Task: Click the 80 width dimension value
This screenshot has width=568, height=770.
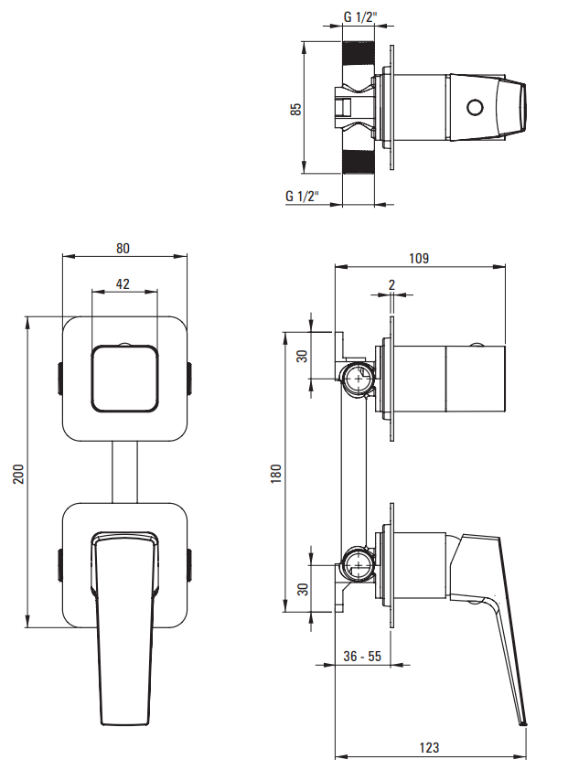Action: click(x=123, y=248)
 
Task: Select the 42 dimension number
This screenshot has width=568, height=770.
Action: click(x=123, y=283)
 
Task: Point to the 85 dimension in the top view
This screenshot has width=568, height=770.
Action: click(x=295, y=108)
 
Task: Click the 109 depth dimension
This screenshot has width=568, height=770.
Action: click(x=419, y=259)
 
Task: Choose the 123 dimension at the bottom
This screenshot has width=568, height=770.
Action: click(x=429, y=748)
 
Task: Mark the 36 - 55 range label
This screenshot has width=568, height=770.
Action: click(x=362, y=657)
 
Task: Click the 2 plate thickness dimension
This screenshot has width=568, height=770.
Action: click(x=391, y=285)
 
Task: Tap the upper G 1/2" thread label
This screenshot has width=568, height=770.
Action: click(x=359, y=16)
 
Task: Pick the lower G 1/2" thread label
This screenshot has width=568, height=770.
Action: click(x=302, y=197)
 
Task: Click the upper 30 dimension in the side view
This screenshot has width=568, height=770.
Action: click(x=303, y=356)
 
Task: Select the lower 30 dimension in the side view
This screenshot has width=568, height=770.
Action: click(x=303, y=590)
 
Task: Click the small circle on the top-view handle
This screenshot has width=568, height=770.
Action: click(x=474, y=108)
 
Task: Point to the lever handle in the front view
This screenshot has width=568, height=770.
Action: click(x=123, y=631)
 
